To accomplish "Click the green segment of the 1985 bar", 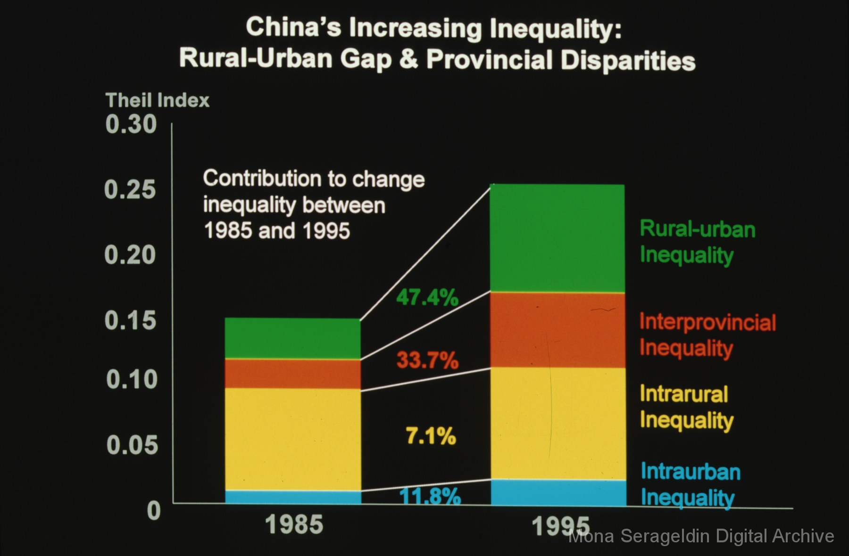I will tap(293, 338).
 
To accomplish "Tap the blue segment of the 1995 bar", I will tap(558, 493).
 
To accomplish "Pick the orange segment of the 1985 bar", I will tap(293, 374).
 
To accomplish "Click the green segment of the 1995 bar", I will tap(558, 238).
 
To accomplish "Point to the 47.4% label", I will tap(427, 298).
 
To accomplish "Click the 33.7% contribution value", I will tap(427, 360).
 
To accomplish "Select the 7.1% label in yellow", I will tap(431, 436).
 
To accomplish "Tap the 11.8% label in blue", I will tap(430, 496).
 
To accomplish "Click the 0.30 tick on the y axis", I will tap(131, 124).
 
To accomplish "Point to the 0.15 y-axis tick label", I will tap(130, 320).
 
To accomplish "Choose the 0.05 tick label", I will tap(132, 444).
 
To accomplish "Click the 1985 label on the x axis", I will tap(294, 524).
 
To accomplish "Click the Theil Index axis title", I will tap(157, 100).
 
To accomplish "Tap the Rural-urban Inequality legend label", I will tap(697, 242).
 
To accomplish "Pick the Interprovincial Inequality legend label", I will tap(707, 335).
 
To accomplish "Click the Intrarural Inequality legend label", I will tap(686, 407).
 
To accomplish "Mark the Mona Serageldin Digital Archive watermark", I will tap(701, 536).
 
